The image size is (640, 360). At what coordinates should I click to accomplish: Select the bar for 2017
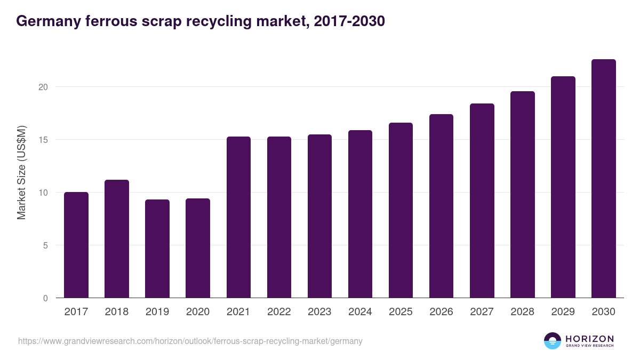click(76, 245)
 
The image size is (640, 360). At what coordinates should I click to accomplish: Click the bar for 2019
click(157, 249)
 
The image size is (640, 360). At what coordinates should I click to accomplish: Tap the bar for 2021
click(238, 218)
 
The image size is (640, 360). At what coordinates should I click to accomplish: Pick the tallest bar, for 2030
click(603, 179)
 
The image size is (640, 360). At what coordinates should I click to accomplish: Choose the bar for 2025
click(401, 211)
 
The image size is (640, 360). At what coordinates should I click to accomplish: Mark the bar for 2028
click(522, 195)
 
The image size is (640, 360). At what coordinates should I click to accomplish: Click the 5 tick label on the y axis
click(46, 245)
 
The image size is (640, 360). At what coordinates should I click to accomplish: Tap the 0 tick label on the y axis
click(46, 298)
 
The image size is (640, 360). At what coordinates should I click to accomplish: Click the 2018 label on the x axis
click(117, 312)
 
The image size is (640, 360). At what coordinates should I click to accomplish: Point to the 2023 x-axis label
click(319, 312)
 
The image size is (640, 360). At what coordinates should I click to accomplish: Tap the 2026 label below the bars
click(441, 312)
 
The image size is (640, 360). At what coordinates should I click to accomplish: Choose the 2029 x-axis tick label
click(563, 312)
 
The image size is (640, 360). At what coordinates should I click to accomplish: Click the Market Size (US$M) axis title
click(21, 172)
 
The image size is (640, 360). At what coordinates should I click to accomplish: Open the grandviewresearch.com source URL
click(190, 341)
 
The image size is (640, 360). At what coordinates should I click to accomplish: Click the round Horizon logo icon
click(553, 341)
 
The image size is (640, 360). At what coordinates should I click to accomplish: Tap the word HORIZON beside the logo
click(589, 339)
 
